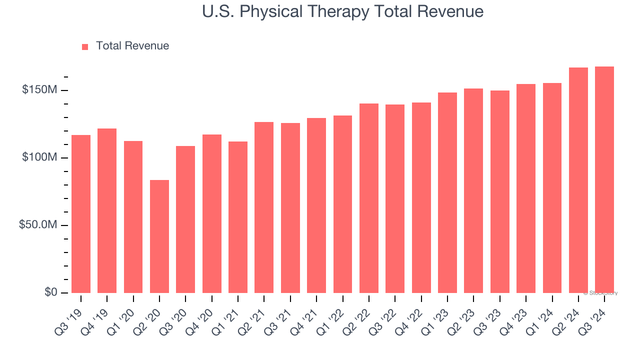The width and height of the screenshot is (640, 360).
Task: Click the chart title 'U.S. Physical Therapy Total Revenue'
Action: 342,11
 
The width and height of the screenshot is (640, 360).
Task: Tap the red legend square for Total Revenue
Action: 85,46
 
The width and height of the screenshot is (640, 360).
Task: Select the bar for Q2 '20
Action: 159,236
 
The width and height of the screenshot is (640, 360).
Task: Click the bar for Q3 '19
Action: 81,213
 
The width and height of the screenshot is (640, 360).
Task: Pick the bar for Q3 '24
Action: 604,179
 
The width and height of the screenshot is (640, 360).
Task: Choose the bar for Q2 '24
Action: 578,180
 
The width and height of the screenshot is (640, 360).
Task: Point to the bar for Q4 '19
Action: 107,210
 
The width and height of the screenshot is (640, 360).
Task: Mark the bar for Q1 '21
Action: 238,217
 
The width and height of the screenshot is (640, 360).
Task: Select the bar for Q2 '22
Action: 368,198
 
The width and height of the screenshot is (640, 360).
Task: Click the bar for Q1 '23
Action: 447,192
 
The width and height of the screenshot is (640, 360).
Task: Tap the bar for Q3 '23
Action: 499,191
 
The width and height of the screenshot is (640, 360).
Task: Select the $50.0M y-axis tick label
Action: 38,225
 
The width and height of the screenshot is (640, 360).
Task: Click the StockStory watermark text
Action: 600,293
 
